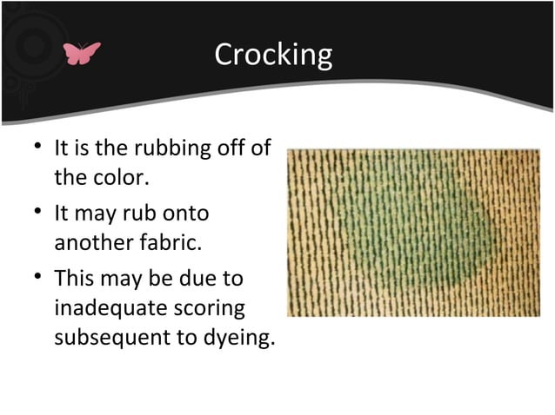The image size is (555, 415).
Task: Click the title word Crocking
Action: point(273,55)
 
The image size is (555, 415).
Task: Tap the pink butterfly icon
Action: point(82,54)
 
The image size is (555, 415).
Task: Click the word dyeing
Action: point(236,339)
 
